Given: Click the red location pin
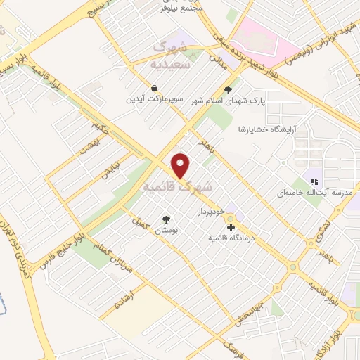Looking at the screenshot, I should coord(181,165).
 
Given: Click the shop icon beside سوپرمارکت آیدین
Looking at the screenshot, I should coord(153,88).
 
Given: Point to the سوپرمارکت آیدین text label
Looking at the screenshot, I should coord(149,99).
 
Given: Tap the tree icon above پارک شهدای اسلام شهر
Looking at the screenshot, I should coord(227,89).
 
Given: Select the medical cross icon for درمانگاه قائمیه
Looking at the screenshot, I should coord(231,227).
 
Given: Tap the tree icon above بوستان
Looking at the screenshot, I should coord(166,219).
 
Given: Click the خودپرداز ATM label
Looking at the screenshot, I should coord(210,210).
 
